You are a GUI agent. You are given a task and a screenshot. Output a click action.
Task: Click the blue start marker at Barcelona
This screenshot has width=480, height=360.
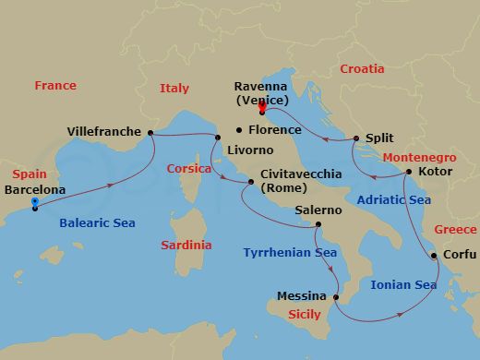(x=34, y=204)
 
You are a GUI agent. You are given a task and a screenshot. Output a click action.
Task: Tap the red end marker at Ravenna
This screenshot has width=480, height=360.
(x=262, y=108)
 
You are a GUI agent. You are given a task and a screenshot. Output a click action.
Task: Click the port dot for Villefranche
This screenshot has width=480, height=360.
(x=150, y=132)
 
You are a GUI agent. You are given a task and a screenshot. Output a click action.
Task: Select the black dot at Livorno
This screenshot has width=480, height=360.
(x=218, y=138)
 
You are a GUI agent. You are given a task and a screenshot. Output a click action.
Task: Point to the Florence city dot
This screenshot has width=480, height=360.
(x=238, y=130)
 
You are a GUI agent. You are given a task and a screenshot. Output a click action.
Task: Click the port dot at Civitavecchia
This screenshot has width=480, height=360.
(x=249, y=182)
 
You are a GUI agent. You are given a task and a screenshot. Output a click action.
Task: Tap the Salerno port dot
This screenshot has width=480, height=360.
(x=318, y=224)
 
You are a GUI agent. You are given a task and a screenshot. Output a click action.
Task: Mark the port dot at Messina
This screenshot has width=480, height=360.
(x=337, y=297)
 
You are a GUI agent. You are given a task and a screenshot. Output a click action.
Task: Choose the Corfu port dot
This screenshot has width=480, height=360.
(x=435, y=256)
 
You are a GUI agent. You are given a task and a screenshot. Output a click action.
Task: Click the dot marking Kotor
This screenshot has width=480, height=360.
(x=409, y=172)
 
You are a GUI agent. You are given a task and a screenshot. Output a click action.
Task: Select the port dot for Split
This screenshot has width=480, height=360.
(x=356, y=138)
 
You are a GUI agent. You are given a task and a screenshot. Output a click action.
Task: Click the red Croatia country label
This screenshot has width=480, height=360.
(x=362, y=69)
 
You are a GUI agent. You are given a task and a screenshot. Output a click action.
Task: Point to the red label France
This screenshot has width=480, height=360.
(x=55, y=86)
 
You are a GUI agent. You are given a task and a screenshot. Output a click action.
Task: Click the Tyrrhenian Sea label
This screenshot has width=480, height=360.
(x=290, y=252)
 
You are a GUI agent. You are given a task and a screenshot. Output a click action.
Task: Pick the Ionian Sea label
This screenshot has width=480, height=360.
(x=403, y=285)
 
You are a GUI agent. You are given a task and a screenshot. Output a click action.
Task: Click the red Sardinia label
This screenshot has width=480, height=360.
(x=186, y=246)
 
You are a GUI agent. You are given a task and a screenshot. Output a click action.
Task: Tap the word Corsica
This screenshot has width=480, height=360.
(x=189, y=169)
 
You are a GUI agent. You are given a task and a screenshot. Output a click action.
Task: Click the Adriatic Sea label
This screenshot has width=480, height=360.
(x=392, y=199)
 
